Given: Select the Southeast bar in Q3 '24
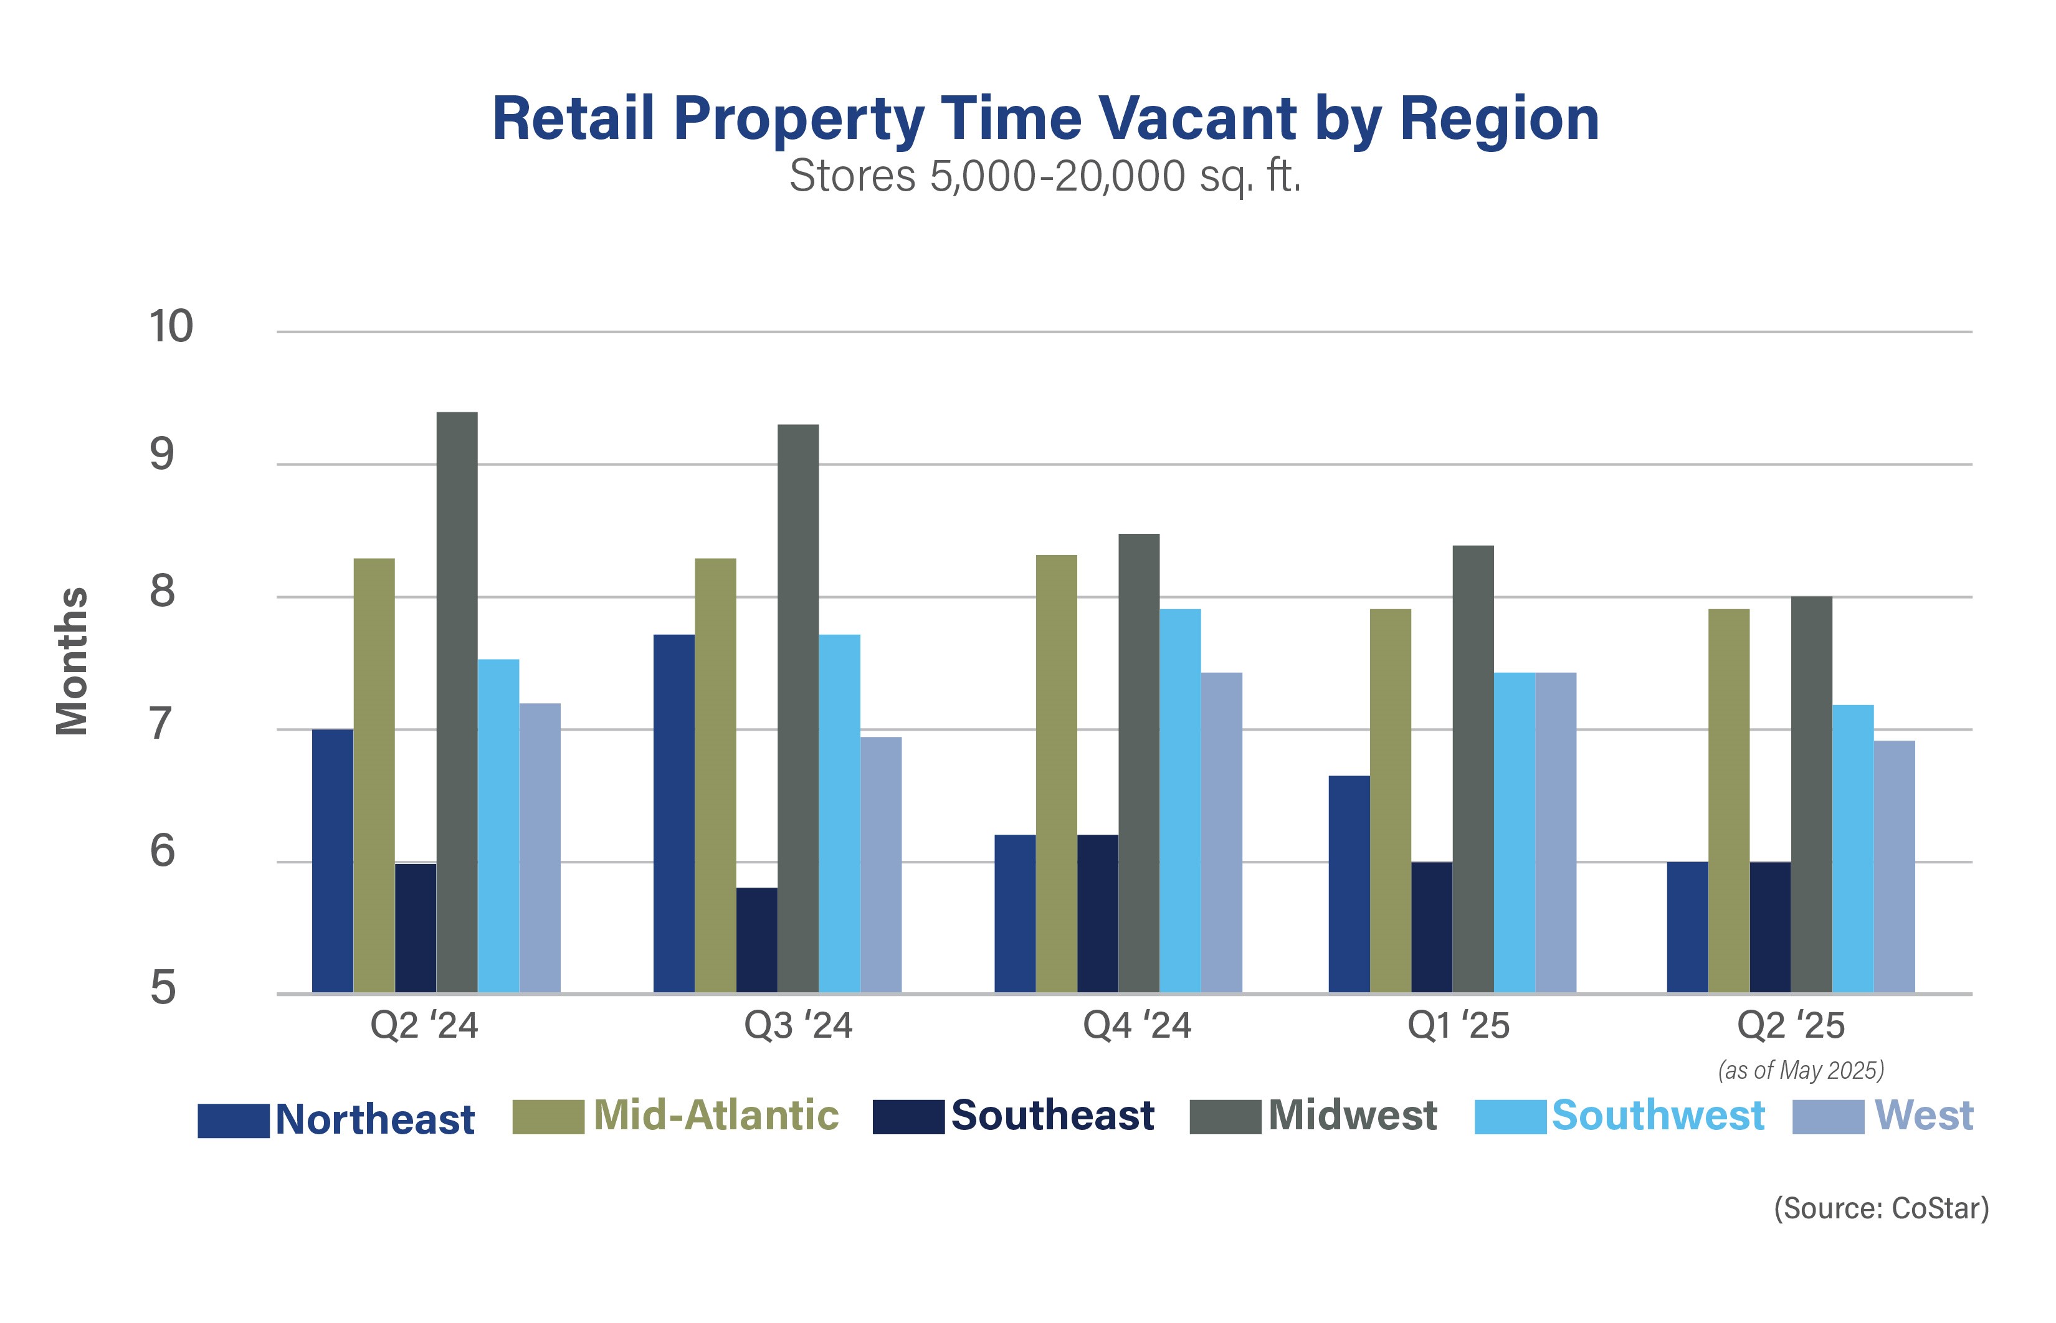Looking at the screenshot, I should pyautogui.click(x=756, y=940).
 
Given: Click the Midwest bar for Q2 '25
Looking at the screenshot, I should pyautogui.click(x=1811, y=795).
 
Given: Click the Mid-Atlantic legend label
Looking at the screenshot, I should pyautogui.click(x=716, y=1115).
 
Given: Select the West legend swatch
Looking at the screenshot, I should pyautogui.click(x=1827, y=1116).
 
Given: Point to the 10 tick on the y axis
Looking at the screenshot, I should pyautogui.click(x=171, y=327).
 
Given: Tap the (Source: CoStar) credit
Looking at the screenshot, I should pyautogui.click(x=1881, y=1208).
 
